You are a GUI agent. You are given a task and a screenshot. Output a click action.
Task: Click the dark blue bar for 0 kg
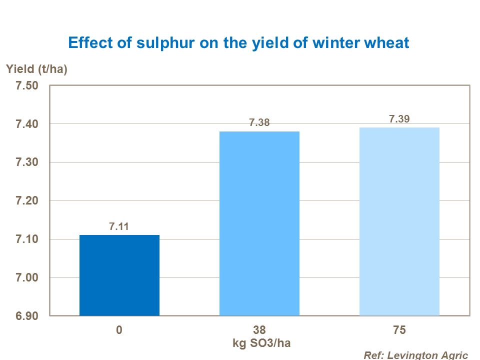(119, 275)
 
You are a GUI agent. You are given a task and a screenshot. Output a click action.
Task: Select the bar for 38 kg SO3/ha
(259, 223)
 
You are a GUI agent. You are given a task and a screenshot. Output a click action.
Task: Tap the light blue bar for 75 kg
(399, 221)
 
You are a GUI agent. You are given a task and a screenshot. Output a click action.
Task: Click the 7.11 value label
(119, 226)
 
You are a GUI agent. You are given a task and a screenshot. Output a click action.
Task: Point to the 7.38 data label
(259, 123)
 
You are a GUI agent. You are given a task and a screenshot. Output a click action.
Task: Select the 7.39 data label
(399, 119)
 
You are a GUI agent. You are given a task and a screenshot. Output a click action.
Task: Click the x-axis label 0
(119, 331)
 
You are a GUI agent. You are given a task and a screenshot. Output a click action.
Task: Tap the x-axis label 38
(259, 331)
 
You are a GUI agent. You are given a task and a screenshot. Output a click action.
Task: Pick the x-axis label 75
(399, 331)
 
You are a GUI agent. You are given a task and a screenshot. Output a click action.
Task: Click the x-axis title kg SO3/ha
(259, 343)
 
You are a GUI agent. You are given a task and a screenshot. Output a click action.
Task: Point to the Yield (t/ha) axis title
(36, 69)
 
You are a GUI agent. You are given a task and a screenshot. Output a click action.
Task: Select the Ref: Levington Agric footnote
(415, 355)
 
